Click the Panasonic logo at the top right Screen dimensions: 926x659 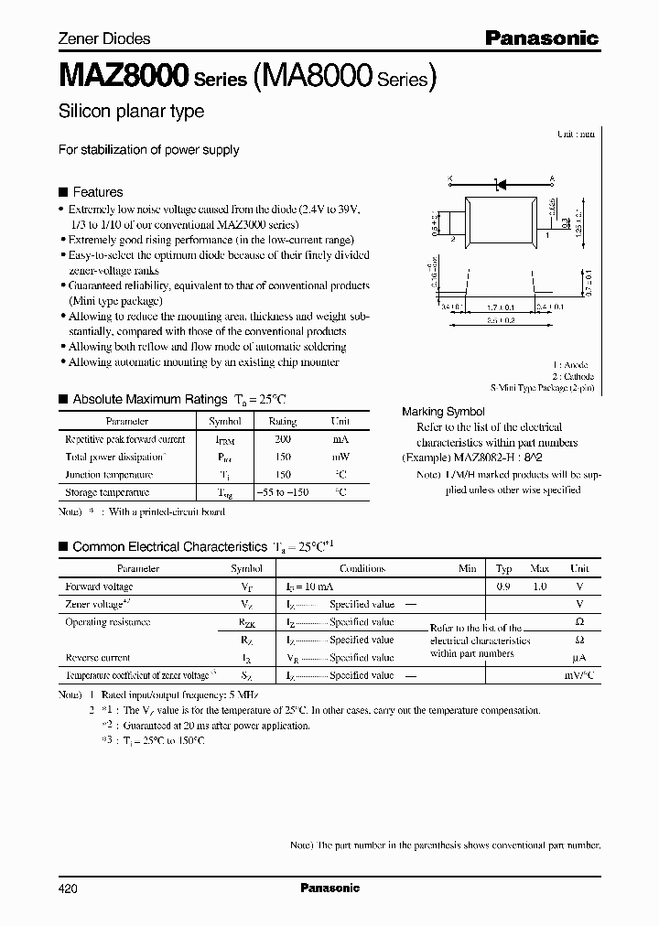(541, 38)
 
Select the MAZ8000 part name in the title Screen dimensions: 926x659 (123, 75)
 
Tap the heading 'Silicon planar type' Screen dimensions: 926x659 (131, 112)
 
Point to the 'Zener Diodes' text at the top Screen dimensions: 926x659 (104, 38)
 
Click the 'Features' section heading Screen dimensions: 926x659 (97, 192)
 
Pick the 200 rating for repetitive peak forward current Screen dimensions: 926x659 (282, 439)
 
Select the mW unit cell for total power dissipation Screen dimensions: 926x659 (340, 457)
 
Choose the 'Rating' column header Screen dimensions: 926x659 (282, 422)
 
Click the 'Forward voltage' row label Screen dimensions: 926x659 (99, 587)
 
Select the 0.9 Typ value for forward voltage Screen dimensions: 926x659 (503, 587)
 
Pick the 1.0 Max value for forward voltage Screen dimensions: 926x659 (540, 587)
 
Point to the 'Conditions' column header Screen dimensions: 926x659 (362, 568)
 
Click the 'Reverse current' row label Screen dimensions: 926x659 (98, 657)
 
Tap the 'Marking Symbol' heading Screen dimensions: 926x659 (443, 412)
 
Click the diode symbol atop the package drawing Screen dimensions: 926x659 (501, 185)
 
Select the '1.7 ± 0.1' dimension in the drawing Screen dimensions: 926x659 (501, 307)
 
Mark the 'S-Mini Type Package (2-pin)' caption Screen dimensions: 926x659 (542, 389)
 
